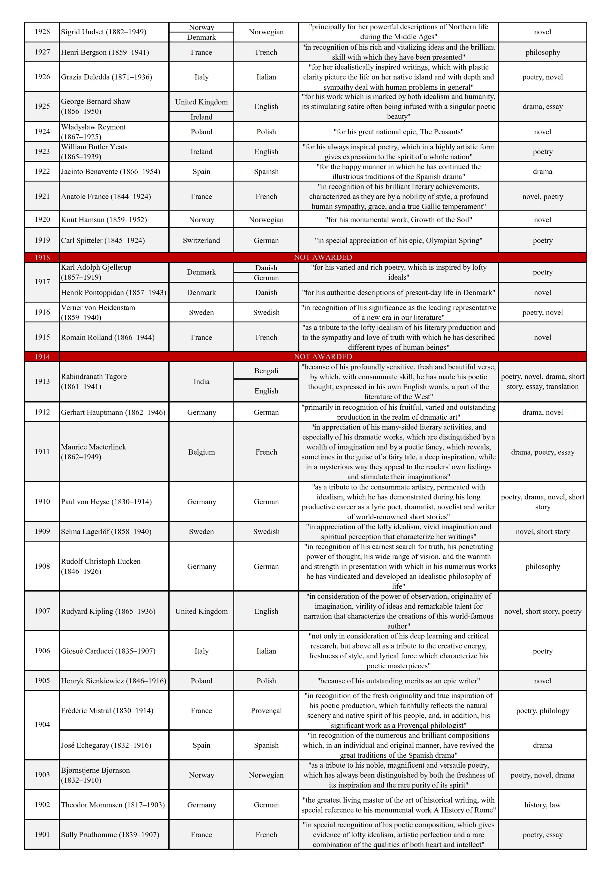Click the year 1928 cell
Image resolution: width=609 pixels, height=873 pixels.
(42, 32)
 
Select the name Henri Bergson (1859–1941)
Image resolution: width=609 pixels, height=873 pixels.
(105, 52)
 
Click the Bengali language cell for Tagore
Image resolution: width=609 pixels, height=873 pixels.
(266, 370)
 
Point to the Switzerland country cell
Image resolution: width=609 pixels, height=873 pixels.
(201, 240)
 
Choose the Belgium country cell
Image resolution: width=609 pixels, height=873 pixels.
(201, 452)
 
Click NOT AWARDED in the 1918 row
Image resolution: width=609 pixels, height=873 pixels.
(323, 257)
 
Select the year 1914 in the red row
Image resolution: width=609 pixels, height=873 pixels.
(42, 357)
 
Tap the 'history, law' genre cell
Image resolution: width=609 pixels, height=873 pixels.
(542, 805)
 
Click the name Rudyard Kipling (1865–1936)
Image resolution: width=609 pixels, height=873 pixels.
(108, 611)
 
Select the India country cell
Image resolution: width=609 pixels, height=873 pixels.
(201, 381)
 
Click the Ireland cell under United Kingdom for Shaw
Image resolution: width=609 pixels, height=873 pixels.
(201, 117)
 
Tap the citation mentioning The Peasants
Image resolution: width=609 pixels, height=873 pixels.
(398, 132)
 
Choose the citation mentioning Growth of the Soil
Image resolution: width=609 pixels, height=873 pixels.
(398, 219)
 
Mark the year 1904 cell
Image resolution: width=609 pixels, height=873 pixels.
(42, 724)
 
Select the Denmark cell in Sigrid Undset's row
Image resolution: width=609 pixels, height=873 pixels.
(201, 37)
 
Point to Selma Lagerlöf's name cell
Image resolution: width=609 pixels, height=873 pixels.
(106, 531)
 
